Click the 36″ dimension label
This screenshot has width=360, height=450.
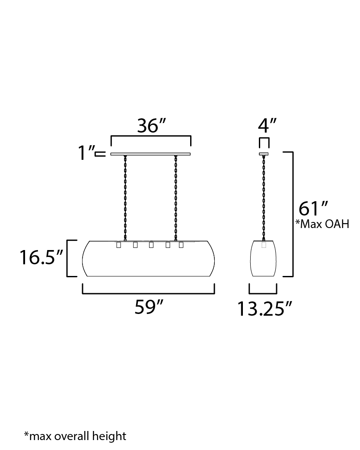(151, 126)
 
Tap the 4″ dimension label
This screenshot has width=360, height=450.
(267, 126)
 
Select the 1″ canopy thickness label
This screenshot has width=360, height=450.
(86, 153)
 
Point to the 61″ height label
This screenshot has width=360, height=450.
(313, 209)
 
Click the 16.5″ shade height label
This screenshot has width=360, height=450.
(41, 257)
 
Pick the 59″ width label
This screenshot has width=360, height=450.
(149, 307)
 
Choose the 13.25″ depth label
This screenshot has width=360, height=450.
(264, 309)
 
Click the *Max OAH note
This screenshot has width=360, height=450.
(322, 224)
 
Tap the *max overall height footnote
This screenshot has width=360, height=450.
(75, 436)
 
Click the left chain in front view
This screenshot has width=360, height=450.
(125, 198)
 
